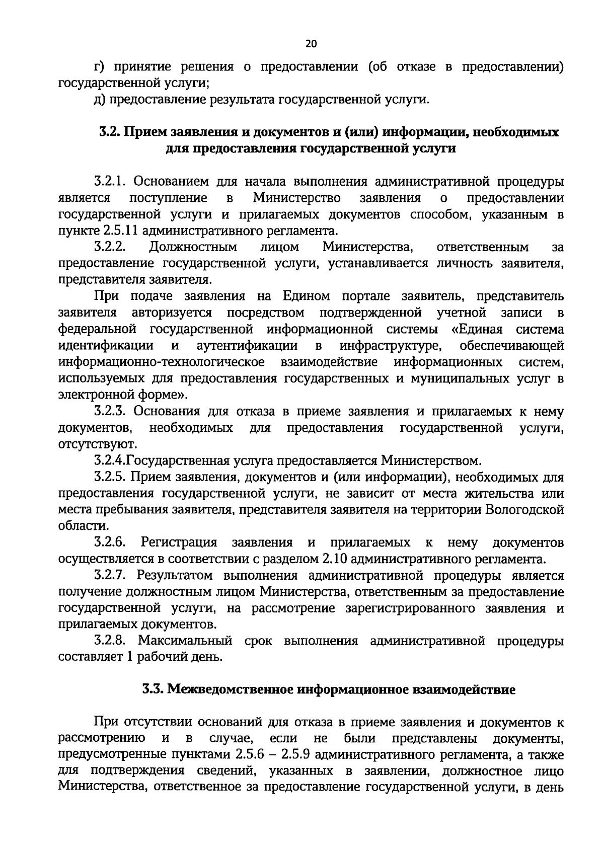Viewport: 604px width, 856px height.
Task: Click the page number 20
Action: [x=311, y=44]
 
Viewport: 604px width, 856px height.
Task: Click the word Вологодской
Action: [x=525, y=509]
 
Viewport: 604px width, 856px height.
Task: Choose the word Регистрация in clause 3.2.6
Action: [x=179, y=542]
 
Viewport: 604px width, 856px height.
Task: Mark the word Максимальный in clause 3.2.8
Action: [x=185, y=641]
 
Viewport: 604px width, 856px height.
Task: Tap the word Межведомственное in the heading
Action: [x=231, y=689]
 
